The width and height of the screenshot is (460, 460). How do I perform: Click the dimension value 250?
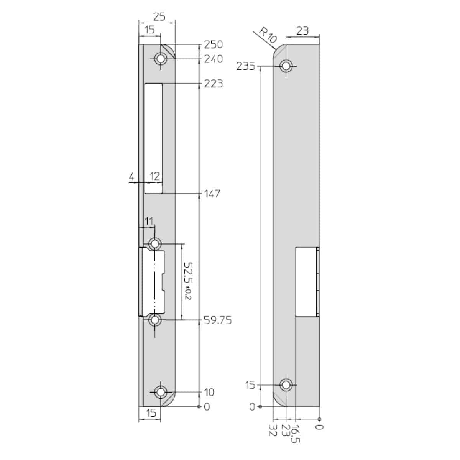tap(213, 44)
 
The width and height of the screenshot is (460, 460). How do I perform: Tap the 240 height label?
tap(213, 59)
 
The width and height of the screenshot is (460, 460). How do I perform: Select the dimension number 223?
tap(213, 84)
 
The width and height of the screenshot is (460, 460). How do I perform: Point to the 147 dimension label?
tap(212, 194)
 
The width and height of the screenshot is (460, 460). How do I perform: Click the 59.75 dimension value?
tap(217, 320)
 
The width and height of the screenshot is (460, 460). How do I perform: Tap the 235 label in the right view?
tap(246, 66)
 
